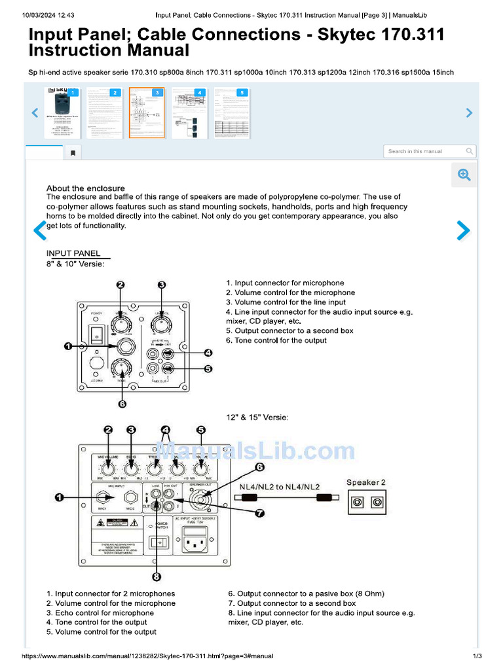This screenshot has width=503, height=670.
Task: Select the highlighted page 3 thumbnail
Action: pos(146,113)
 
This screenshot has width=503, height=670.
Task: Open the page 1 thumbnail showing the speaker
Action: pos(62,113)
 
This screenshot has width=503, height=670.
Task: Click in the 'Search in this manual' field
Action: pos(425,151)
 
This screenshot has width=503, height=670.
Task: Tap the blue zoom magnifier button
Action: pos(464,174)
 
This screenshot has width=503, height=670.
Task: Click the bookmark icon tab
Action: pos(73,153)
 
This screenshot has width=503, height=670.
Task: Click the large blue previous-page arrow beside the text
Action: pos(41,230)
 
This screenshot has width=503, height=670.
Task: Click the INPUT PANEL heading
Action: pos(73,253)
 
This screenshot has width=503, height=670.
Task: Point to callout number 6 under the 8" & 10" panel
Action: pos(122,404)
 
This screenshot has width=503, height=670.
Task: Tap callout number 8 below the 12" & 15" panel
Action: pos(157,576)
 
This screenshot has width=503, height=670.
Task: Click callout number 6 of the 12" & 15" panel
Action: pos(259,467)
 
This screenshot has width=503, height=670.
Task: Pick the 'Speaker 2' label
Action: pos(365,482)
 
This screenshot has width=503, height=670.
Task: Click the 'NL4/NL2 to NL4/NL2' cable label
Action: pos(279,487)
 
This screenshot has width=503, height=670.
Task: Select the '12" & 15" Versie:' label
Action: pos(257,417)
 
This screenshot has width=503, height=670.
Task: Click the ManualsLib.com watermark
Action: pos(255,451)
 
